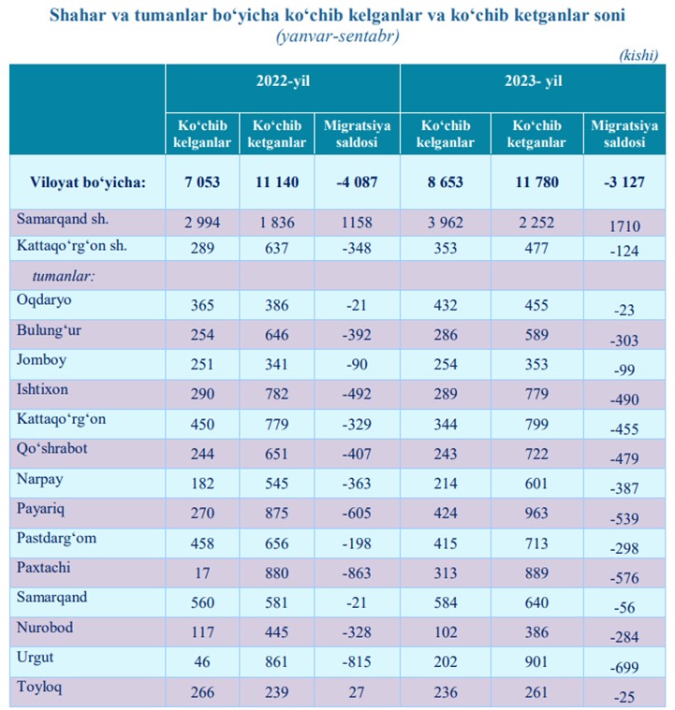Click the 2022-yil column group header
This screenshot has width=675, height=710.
pyautogui.click(x=283, y=81)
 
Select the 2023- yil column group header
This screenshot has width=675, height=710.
pyautogui.click(x=533, y=81)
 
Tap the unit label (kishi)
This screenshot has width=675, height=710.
pyautogui.click(x=638, y=55)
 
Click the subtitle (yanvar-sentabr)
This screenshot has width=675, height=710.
pyautogui.click(x=338, y=36)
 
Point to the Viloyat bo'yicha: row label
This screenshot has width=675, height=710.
pyautogui.click(x=88, y=182)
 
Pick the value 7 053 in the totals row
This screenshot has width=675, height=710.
pyautogui.click(x=202, y=182)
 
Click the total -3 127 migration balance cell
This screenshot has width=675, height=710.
pyautogui.click(x=624, y=182)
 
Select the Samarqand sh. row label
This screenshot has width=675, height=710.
pyautogui.click(x=63, y=219)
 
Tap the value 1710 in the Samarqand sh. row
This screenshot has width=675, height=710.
pyautogui.click(x=624, y=226)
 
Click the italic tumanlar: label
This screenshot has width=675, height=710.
pyautogui.click(x=64, y=276)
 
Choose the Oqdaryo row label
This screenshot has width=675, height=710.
pyautogui.click(x=44, y=300)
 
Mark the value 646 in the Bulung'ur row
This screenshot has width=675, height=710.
pyautogui.click(x=276, y=335)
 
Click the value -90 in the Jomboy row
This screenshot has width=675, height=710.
pyautogui.click(x=357, y=364)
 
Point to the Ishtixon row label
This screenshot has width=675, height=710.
pyautogui.click(x=42, y=389)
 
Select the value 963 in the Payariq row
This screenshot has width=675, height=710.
pyautogui.click(x=536, y=513)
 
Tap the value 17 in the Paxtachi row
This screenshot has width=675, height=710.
pyautogui.click(x=202, y=572)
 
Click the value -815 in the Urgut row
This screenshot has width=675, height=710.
pyautogui.click(x=357, y=661)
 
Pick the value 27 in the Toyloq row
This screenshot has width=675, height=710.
pyautogui.click(x=357, y=692)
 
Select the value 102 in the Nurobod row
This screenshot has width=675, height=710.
pyautogui.click(x=446, y=632)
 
